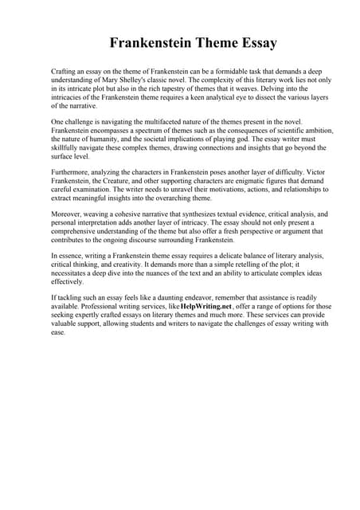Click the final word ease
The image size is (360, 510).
57,332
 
